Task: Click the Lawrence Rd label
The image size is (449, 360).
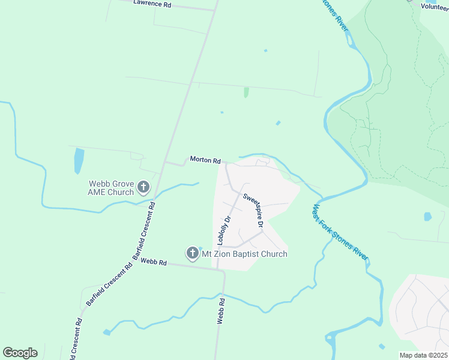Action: (152, 4)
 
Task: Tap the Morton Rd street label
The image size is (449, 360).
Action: (205, 160)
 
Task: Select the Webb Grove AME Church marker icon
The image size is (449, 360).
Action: (143, 188)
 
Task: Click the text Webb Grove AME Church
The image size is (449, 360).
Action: (111, 188)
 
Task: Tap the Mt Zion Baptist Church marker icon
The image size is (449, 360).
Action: (192, 253)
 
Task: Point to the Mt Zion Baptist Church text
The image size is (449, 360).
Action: (244, 254)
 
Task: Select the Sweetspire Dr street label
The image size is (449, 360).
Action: (253, 210)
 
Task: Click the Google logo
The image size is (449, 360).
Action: (20, 353)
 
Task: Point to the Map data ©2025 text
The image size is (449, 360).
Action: (423, 355)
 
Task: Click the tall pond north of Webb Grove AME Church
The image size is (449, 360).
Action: (79, 160)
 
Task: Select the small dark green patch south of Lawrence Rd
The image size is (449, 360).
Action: (246, 92)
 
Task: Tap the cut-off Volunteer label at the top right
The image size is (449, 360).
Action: (434, 6)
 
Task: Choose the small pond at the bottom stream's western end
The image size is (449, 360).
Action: (107, 332)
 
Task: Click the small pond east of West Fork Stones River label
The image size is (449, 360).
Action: (427, 217)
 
